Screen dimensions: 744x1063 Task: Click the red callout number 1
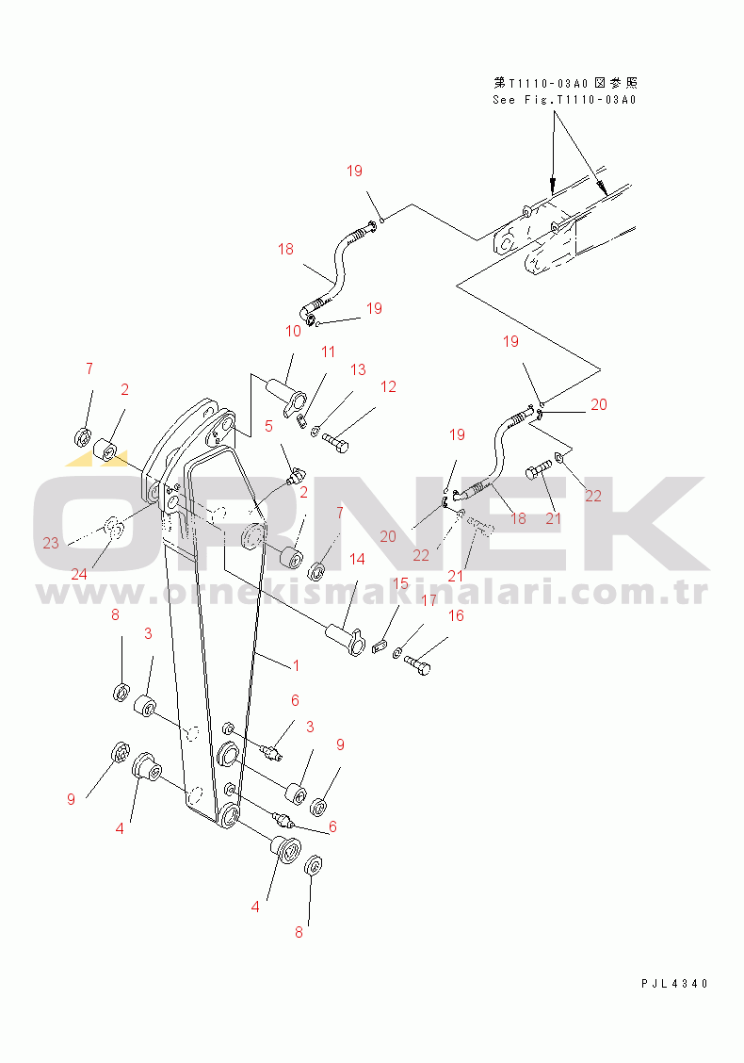[x=296, y=665]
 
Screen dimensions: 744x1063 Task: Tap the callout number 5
[x=269, y=426]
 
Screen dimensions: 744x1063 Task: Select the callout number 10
[x=293, y=331]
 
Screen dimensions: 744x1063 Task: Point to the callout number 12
[x=388, y=386]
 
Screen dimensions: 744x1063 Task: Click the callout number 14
[x=357, y=559]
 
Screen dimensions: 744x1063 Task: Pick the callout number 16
[x=456, y=614]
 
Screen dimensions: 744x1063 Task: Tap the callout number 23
[x=51, y=543]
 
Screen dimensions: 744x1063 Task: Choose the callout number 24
[x=79, y=574]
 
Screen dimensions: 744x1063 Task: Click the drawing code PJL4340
[x=674, y=984]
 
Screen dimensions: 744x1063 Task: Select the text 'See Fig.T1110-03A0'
[x=564, y=100]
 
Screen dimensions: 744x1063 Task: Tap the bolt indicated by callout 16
[x=417, y=665]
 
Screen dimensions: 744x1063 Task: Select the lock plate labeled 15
[x=380, y=644]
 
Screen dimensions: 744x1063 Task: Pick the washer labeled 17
[x=397, y=653]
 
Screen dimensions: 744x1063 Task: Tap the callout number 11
[x=328, y=352]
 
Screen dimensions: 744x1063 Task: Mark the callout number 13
[x=358, y=369]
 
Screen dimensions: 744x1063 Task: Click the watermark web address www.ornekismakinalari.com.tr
[x=372, y=593]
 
